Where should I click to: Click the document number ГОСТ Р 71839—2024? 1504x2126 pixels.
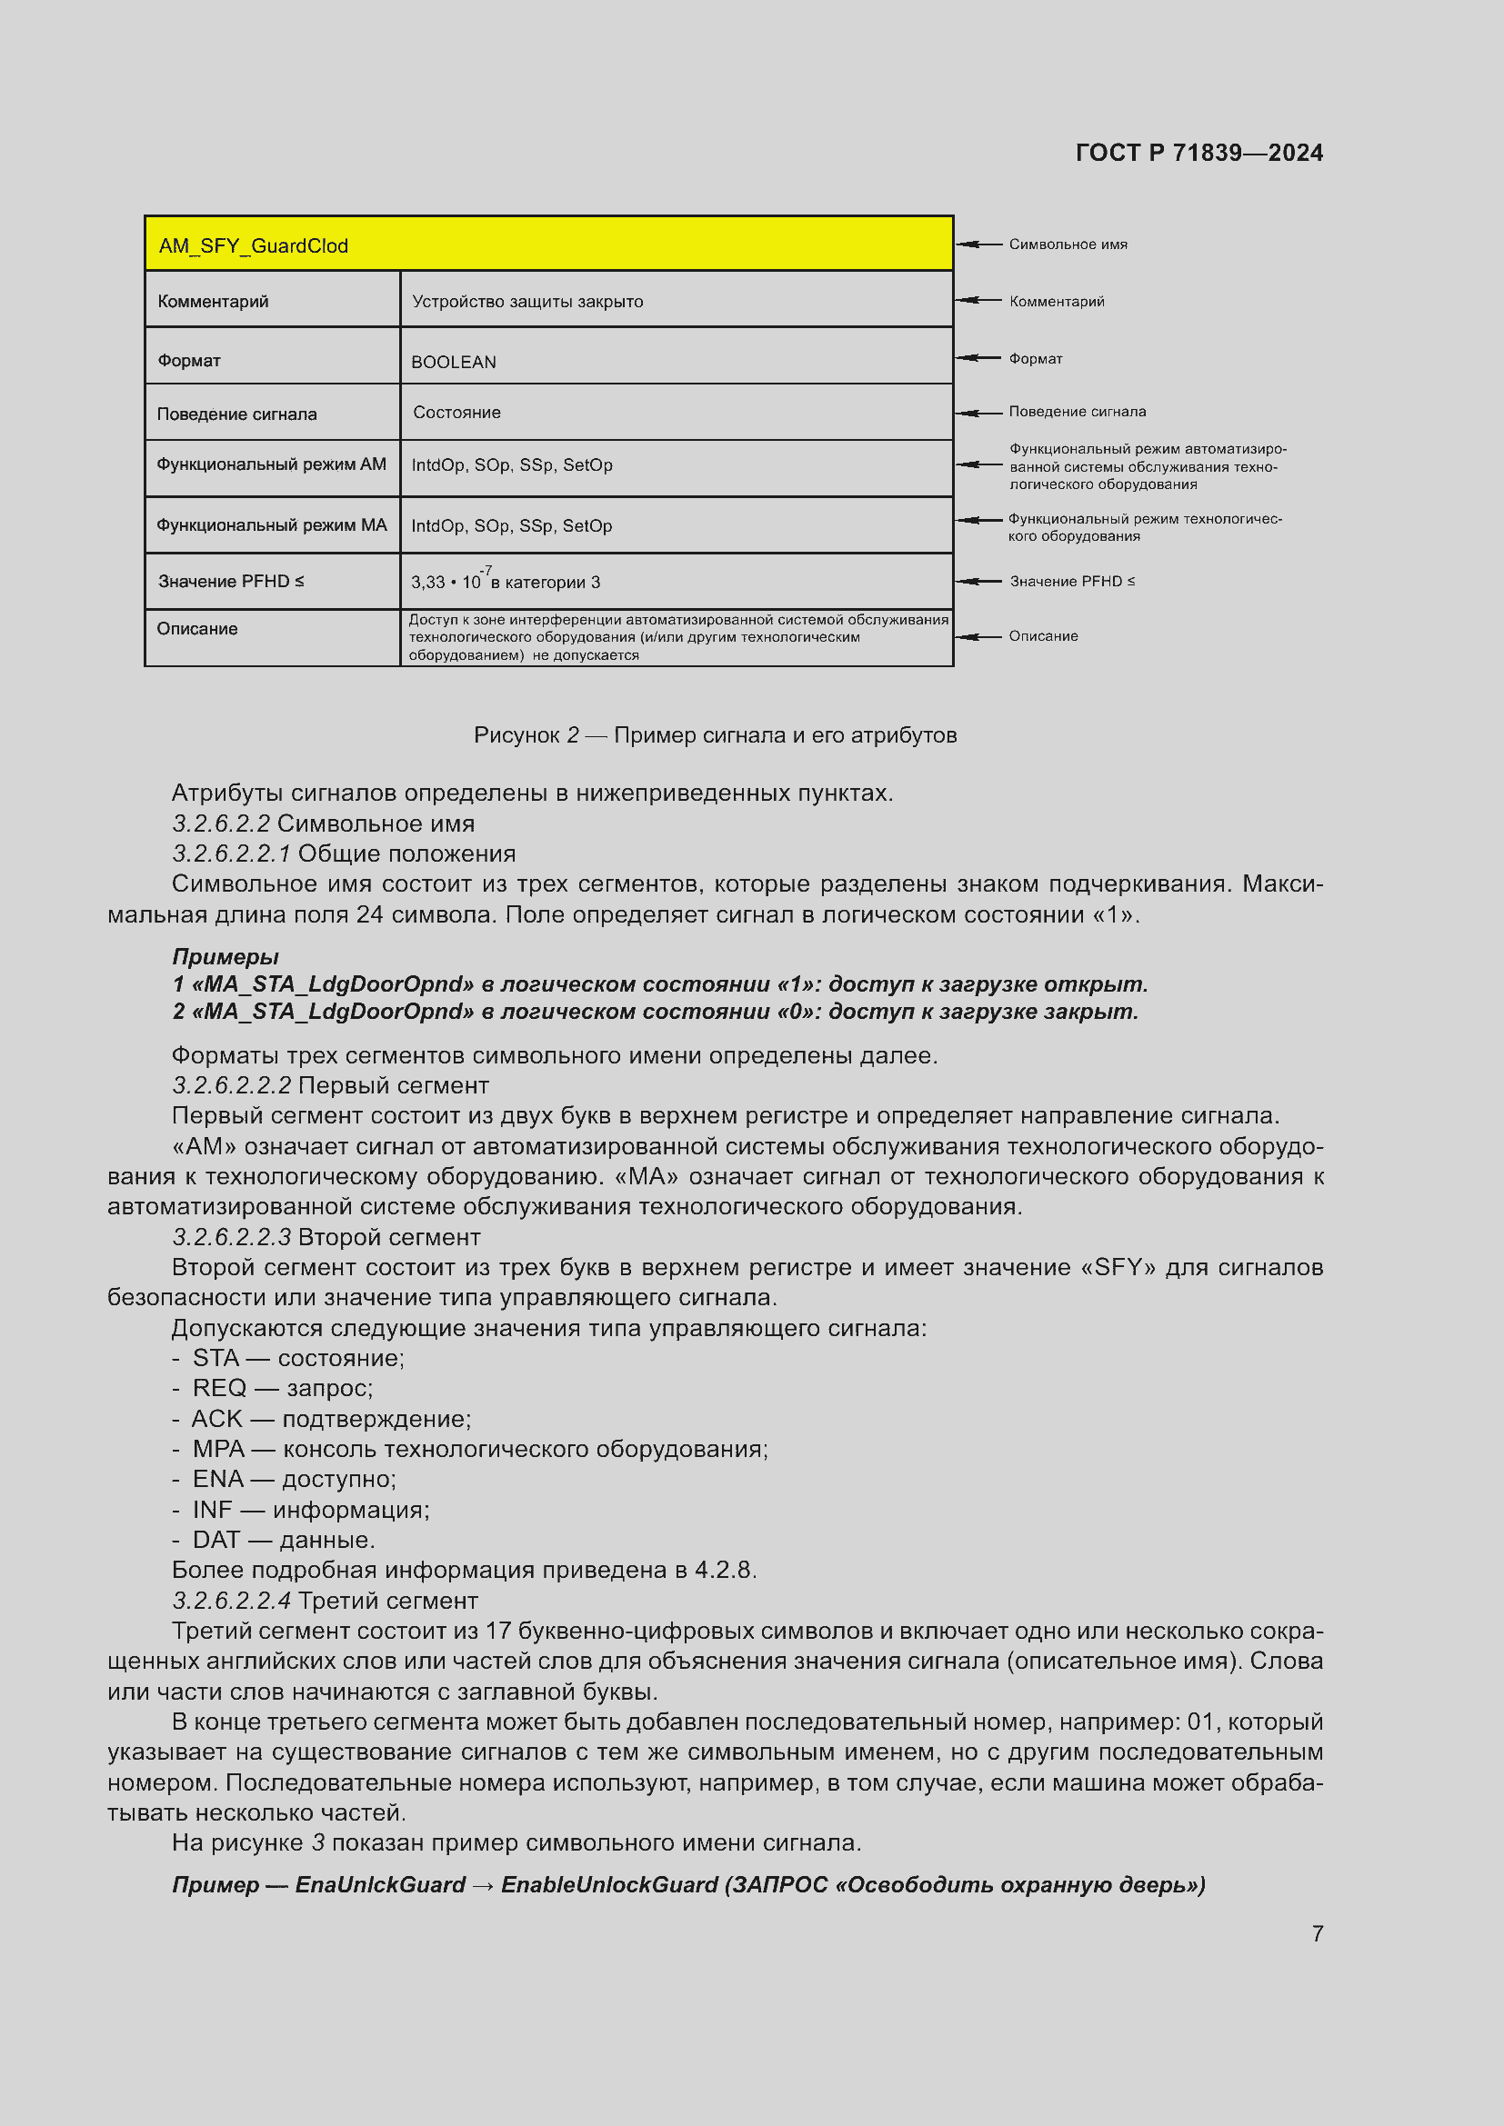click(1198, 153)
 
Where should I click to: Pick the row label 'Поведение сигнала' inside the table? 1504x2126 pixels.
click(236, 414)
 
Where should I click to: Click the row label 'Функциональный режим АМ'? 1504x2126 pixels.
click(270, 464)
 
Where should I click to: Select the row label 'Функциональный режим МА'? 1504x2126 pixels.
click(270, 525)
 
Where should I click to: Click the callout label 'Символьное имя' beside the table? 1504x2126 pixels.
click(1068, 245)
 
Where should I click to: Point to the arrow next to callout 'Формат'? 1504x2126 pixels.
click(978, 358)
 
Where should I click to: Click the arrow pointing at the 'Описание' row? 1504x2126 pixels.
click(978, 636)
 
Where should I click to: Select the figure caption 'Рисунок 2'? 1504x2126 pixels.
click(526, 735)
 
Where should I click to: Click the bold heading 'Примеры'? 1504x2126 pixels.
click(225, 956)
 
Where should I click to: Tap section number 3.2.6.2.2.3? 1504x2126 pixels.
click(232, 1237)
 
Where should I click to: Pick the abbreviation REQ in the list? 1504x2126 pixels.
click(219, 1388)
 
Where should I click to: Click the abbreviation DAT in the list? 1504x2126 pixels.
click(216, 1540)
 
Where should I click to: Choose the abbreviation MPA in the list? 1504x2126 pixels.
click(218, 1449)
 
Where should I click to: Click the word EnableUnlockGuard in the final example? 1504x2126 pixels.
click(609, 1884)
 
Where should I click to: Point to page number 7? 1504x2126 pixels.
click(1317, 1933)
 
